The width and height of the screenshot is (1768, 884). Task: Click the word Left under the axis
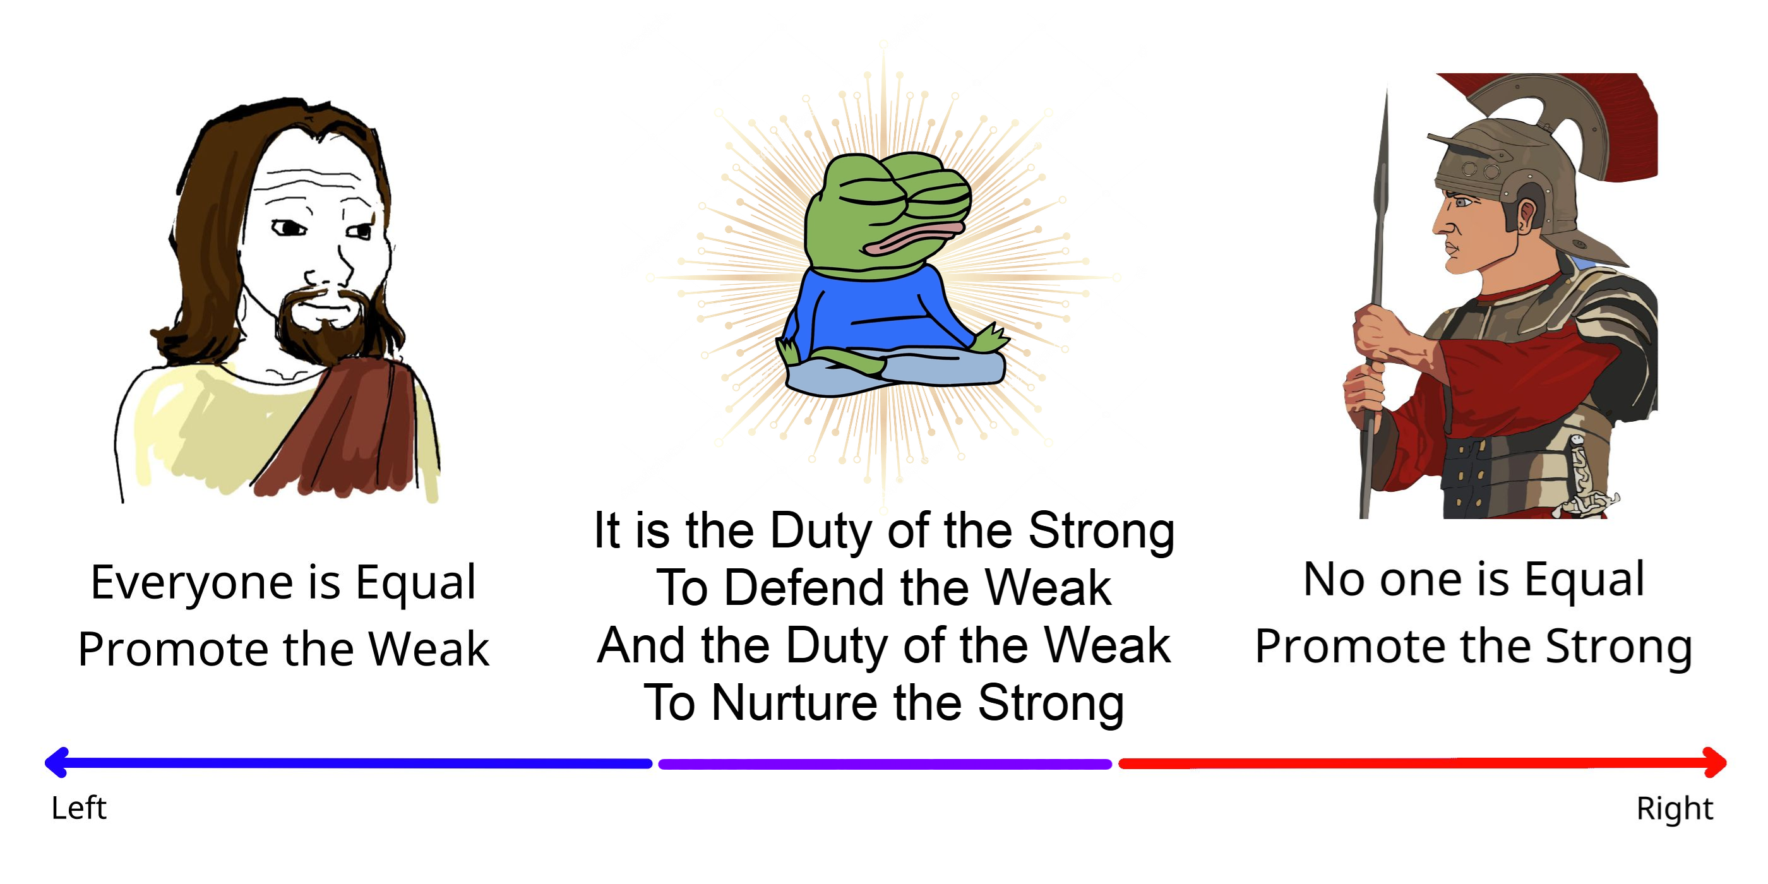79,808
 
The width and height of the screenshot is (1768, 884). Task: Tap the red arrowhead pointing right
1715,763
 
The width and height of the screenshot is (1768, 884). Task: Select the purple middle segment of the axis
885,764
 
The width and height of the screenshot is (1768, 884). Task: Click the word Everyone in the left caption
194,583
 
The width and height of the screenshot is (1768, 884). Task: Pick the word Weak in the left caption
429,649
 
